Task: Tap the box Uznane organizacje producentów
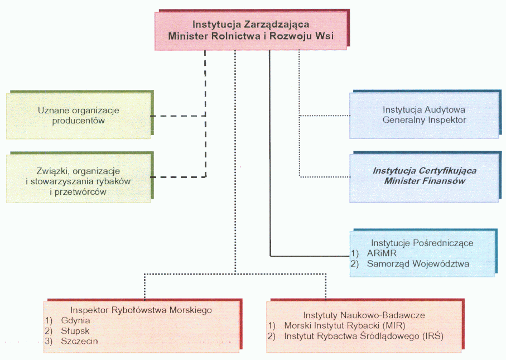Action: tap(79, 116)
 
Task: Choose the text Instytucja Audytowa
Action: tap(424, 109)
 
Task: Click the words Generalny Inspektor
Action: tap(424, 119)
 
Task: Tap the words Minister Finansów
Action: tap(425, 181)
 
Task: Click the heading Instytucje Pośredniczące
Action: tap(422, 243)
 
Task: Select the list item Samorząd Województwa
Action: tap(410, 263)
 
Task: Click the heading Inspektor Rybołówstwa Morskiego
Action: tap(143, 310)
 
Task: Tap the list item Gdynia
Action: tap(76, 320)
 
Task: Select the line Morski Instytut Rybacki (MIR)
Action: tap(344, 325)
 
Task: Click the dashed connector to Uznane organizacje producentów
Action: tap(179, 116)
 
